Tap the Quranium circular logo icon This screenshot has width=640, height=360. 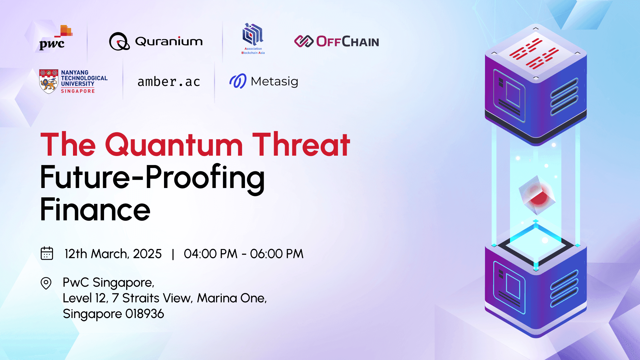(119, 42)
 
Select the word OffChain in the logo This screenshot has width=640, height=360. (347, 42)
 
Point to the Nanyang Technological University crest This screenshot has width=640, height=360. (49, 81)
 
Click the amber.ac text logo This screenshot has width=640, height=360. (169, 82)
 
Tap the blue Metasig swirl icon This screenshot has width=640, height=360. (238, 81)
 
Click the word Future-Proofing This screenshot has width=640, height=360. (152, 177)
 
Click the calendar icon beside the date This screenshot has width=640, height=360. (47, 253)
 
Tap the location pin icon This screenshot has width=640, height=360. (46, 283)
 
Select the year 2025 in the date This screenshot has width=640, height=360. (147, 254)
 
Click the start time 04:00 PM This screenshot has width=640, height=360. (211, 254)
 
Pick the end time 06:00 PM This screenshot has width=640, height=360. (277, 254)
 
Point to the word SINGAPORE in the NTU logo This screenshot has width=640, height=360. (78, 91)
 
